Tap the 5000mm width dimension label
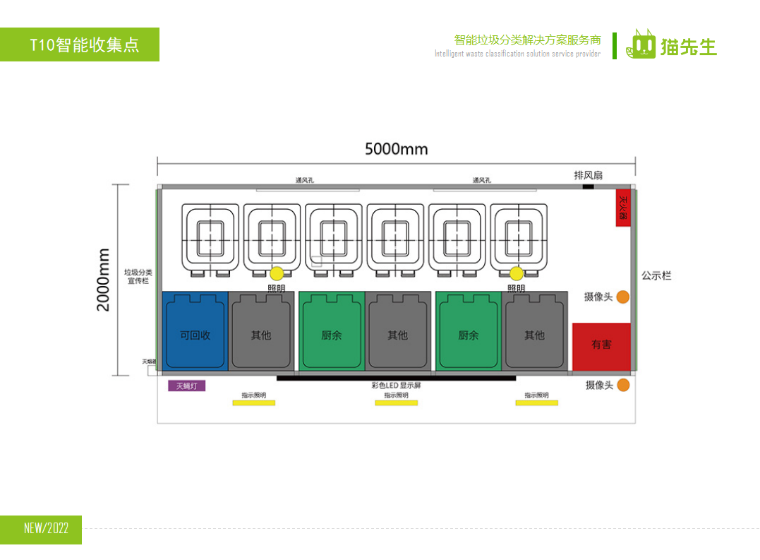(396, 149)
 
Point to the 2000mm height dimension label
(104, 280)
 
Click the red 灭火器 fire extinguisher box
(622, 208)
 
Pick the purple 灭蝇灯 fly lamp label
(186, 386)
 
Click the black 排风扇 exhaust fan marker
(588, 186)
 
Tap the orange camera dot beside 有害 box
(622, 297)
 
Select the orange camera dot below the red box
(622, 386)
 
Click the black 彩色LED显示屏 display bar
(396, 379)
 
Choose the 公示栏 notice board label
(656, 276)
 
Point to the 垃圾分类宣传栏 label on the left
(138, 276)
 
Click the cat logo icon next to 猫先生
(641, 45)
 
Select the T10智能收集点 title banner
(80, 44)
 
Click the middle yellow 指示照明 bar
(396, 403)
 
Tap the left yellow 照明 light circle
(277, 273)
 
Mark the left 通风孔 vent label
(305, 181)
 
